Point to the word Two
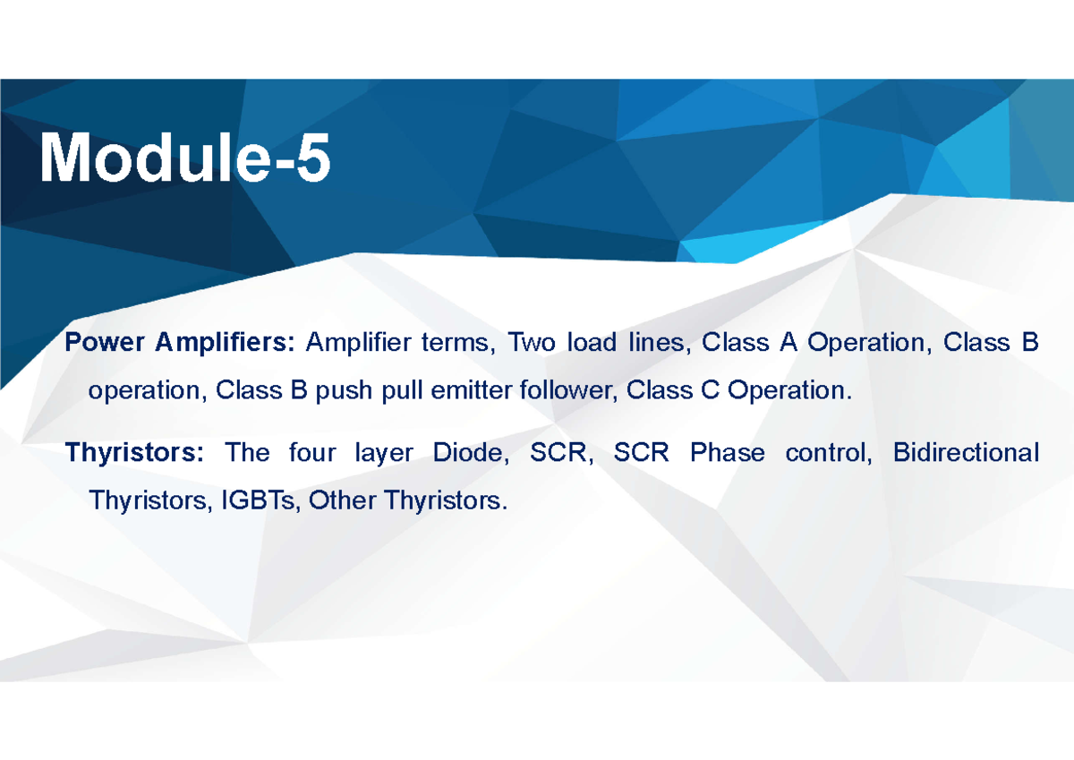[x=531, y=343]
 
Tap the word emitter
[x=465, y=391]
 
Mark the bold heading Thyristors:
[x=134, y=453]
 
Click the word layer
[x=384, y=454]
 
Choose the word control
[x=828, y=453]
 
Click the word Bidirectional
[x=966, y=453]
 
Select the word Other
[x=341, y=500]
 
